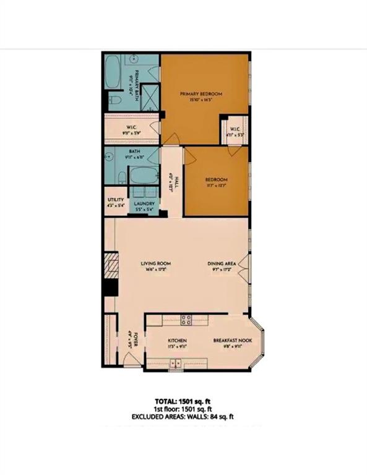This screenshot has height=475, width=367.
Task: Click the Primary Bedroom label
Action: coord(201,94)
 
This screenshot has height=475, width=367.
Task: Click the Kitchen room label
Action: coord(178,341)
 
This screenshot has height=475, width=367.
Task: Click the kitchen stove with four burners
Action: coord(185,320)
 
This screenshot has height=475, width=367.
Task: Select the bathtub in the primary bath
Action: coord(113,73)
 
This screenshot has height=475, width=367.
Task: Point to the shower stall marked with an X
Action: coord(149,98)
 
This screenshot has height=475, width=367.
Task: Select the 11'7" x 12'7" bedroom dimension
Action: coord(217,185)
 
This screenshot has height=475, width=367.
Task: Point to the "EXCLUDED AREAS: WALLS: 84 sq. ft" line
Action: coord(183,417)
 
